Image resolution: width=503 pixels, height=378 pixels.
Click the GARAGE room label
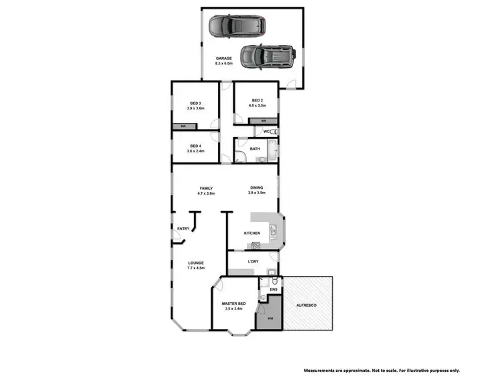point(224,58)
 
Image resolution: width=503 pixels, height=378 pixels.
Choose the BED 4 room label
point(195,146)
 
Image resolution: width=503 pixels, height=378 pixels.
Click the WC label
point(266,132)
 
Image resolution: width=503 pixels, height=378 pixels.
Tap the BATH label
point(255,149)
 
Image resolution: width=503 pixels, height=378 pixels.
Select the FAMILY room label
point(206,188)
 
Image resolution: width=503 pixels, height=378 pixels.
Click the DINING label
point(257,188)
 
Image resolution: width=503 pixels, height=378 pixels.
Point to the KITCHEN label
point(252,233)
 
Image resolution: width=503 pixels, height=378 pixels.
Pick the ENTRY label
point(183,229)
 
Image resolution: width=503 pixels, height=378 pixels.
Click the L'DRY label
point(254,261)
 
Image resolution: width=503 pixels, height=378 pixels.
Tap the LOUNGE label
point(196,263)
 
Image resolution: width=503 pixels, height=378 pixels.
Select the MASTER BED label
point(234,304)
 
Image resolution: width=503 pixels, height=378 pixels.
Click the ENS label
point(273,290)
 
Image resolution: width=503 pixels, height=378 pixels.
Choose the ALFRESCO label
point(306,306)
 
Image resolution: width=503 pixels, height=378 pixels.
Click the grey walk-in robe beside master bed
point(270,317)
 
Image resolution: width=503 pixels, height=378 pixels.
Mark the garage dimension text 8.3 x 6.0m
point(224,64)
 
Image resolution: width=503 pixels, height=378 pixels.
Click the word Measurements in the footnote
point(321,370)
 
